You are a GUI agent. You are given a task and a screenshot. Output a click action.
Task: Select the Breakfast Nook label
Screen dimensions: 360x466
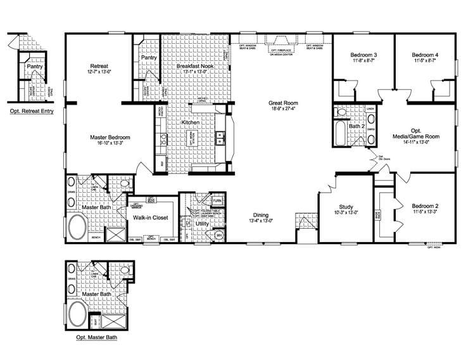194,66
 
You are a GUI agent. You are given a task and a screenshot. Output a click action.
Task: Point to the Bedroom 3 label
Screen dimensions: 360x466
364,56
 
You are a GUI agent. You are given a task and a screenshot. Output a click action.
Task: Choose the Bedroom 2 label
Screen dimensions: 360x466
425,206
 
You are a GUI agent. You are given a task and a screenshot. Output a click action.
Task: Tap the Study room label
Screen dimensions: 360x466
345,206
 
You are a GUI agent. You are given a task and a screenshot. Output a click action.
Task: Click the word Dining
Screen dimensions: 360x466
261,215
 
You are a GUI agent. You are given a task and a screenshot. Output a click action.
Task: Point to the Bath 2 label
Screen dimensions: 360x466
356,126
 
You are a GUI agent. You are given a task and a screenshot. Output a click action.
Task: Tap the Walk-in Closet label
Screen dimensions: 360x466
149,217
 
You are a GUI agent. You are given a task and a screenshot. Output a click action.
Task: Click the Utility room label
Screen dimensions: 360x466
202,224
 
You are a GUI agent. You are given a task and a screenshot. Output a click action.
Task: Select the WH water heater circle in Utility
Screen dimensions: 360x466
219,235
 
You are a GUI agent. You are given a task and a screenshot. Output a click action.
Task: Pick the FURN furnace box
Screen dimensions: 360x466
217,201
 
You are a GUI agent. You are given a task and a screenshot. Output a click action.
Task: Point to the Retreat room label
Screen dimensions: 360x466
99,66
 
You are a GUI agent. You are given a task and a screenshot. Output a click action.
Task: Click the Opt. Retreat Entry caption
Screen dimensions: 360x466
30,112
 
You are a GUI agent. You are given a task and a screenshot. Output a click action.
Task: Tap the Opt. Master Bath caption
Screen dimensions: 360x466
96,338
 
